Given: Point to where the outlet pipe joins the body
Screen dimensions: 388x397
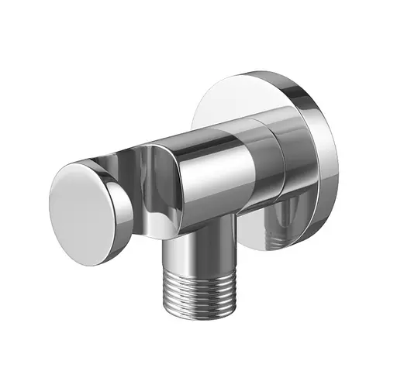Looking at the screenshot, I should (x=198, y=232).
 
